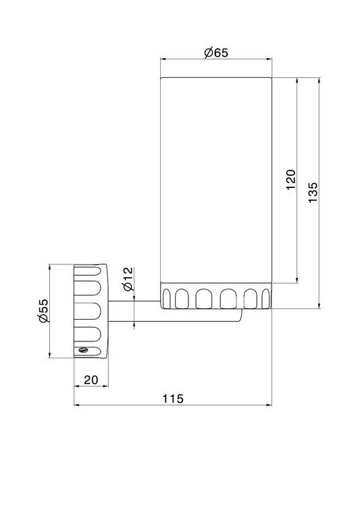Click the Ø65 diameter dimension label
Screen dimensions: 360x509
point(216,53)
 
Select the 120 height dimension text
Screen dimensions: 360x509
point(291,180)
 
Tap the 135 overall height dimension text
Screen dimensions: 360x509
point(313,193)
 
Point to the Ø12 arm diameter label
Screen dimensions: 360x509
point(128,278)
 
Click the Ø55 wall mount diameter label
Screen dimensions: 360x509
point(43,311)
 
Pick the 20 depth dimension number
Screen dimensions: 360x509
point(91,379)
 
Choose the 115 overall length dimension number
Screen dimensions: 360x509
point(173,399)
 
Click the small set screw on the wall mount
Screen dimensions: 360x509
point(83,349)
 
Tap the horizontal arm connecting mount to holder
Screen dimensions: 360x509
point(175,312)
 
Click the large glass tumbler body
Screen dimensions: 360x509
point(216,180)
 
